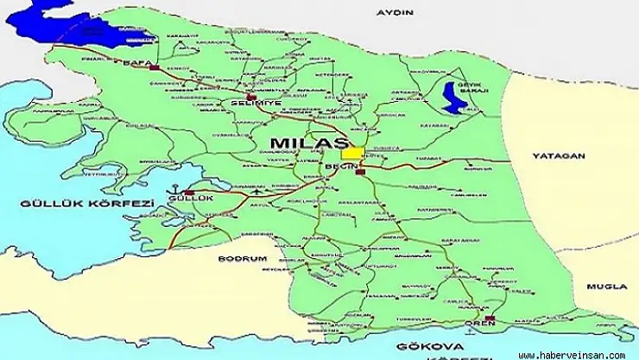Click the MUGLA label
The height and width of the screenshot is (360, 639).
(x=605, y=286)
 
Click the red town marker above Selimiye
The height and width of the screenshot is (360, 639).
(x=250, y=95)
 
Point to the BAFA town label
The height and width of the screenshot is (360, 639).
(x=132, y=65)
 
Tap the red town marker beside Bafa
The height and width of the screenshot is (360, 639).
(x=154, y=66)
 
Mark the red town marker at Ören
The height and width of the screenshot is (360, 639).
(x=490, y=319)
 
